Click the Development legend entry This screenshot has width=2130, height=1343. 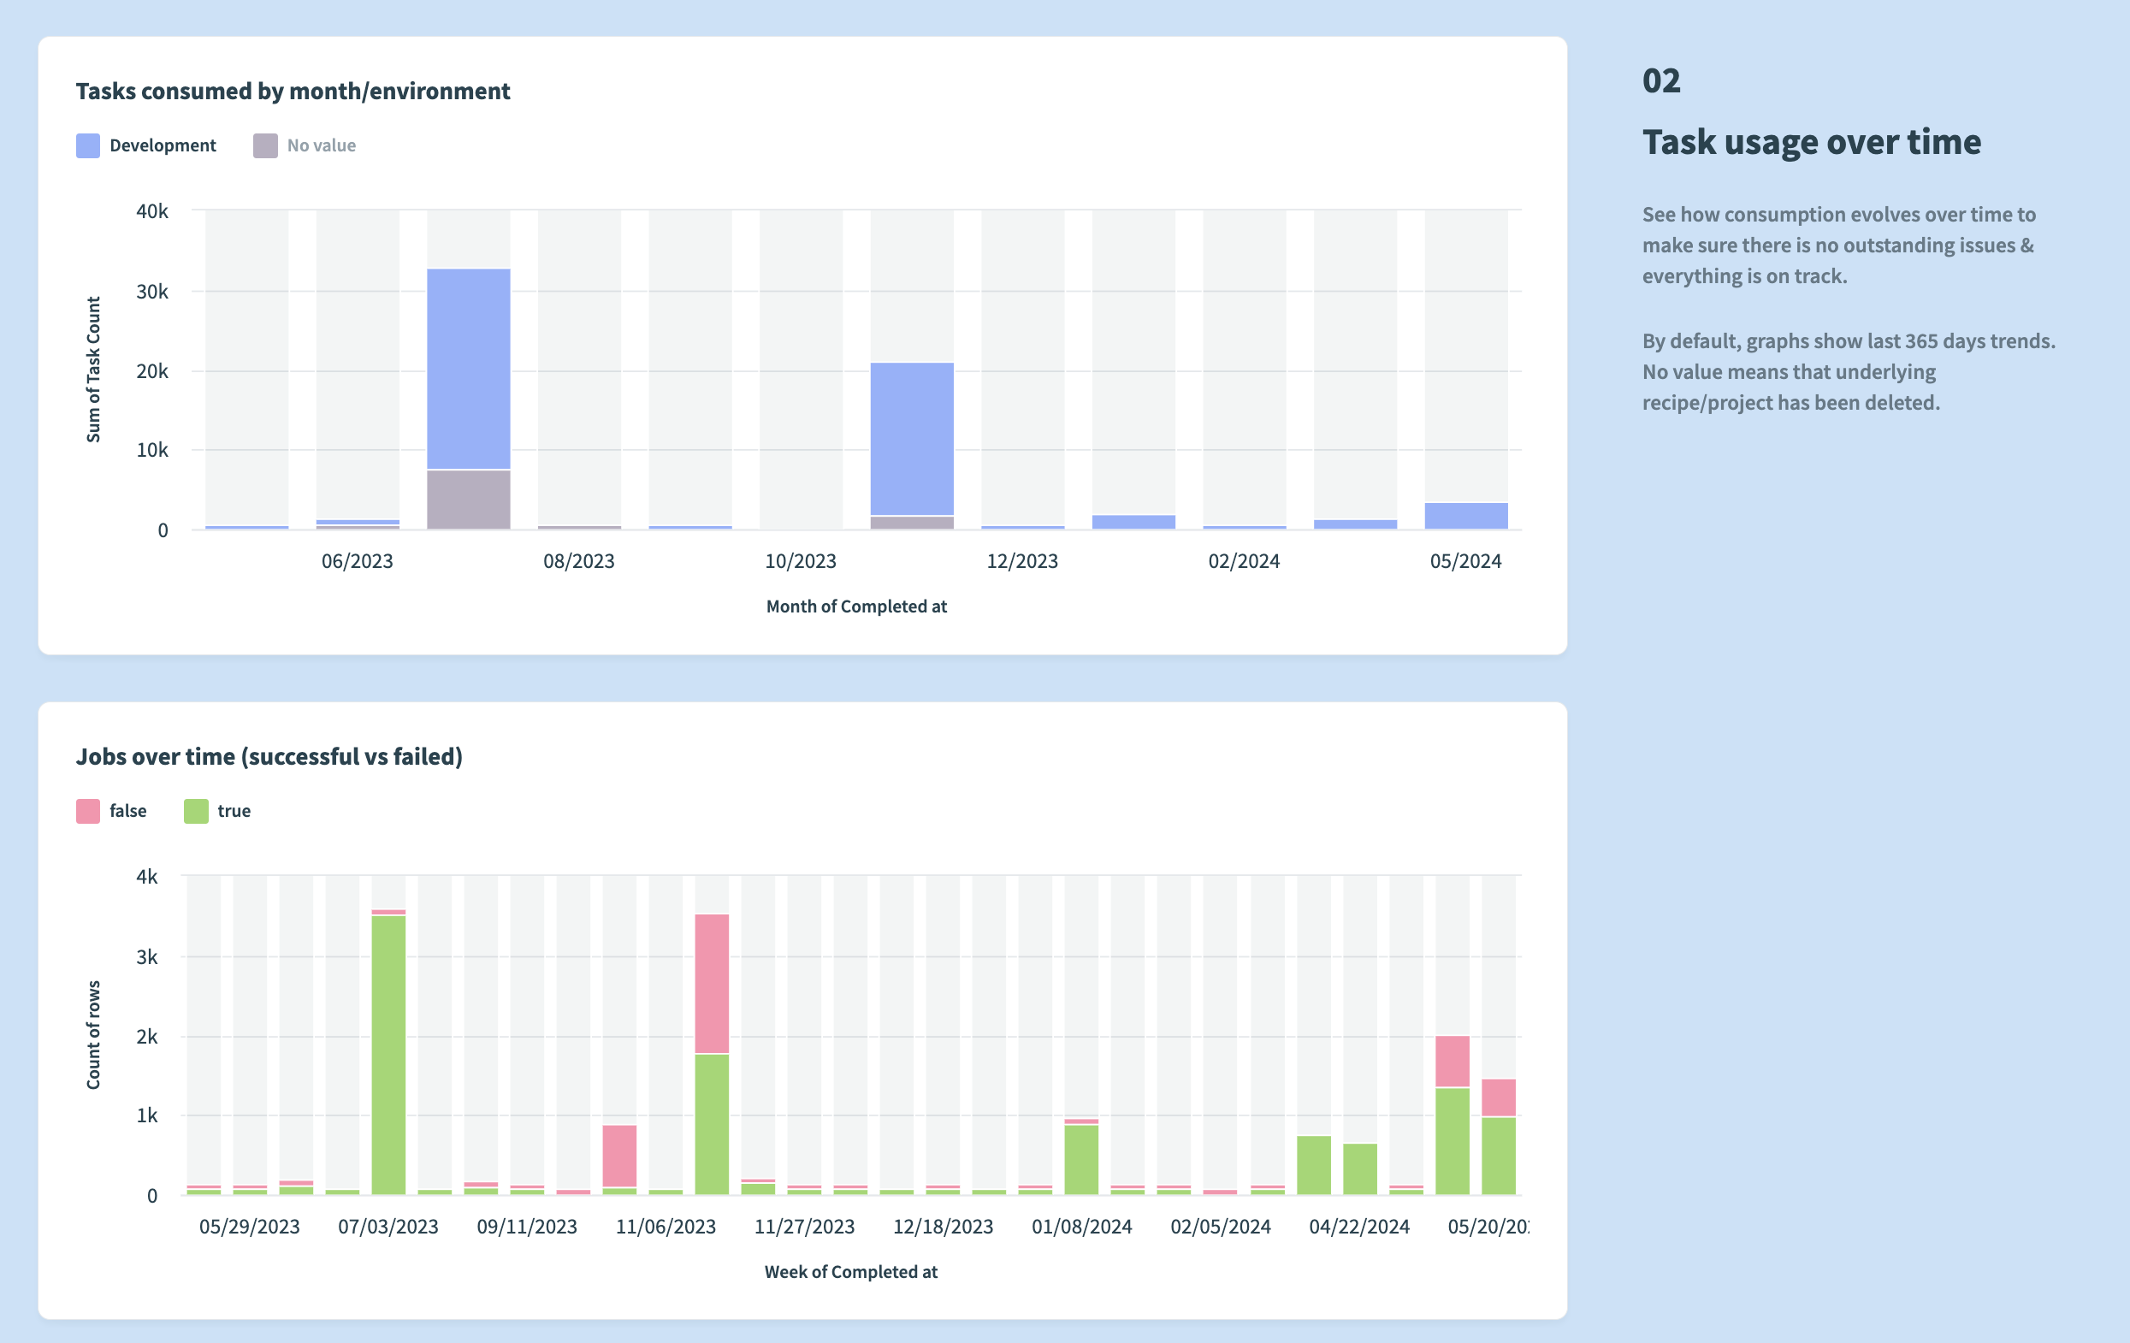(x=147, y=146)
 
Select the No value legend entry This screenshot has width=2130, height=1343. (x=305, y=146)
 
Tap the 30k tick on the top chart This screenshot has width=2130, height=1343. (x=152, y=292)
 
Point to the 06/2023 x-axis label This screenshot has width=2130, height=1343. (x=357, y=561)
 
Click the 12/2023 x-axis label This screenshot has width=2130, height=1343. (x=1021, y=561)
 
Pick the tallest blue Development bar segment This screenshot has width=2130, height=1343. (x=468, y=369)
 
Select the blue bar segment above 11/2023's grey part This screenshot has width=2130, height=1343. (x=911, y=439)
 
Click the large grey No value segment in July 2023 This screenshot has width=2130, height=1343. (x=468, y=500)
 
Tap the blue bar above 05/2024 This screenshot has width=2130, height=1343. (x=1464, y=516)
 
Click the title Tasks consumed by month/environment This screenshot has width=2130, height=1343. (x=293, y=92)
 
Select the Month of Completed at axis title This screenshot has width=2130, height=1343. (x=855, y=606)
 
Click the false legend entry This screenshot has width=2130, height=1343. (x=112, y=811)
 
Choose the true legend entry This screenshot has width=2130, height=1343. (x=217, y=811)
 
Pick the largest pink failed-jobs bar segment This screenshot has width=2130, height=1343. (x=711, y=984)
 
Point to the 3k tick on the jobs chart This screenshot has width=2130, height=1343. (x=147, y=957)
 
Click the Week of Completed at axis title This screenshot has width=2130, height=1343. (x=850, y=1272)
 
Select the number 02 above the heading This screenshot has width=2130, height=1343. (x=1660, y=81)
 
